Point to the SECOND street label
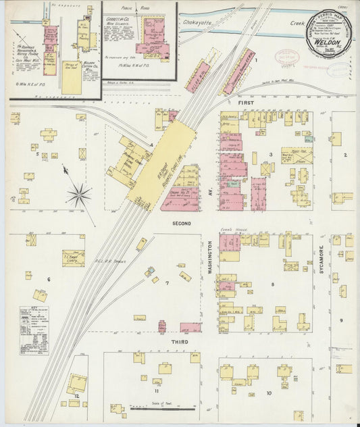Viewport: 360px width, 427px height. [181, 223]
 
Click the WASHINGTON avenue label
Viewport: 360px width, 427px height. [211, 259]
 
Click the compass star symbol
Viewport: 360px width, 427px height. [78, 195]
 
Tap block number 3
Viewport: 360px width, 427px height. [270, 155]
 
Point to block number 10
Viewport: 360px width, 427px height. [269, 393]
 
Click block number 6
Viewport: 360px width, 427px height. [48, 278]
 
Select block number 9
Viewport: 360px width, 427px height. [341, 320]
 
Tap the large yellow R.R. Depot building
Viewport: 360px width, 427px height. [161, 166]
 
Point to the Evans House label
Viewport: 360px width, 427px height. [229, 231]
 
